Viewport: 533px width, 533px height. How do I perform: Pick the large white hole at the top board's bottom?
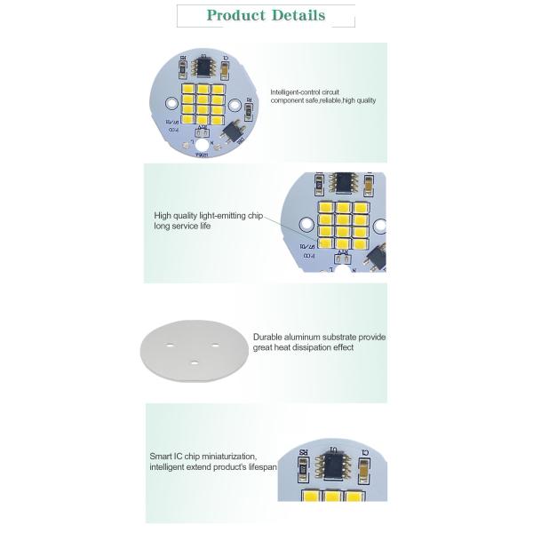coord(203,145)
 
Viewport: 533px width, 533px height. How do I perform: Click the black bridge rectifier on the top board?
coord(235,131)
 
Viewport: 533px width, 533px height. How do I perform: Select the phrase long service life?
coord(182,227)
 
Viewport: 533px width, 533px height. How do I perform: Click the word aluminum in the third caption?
coord(309,338)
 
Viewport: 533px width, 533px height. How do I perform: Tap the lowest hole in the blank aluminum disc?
coord(195,362)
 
